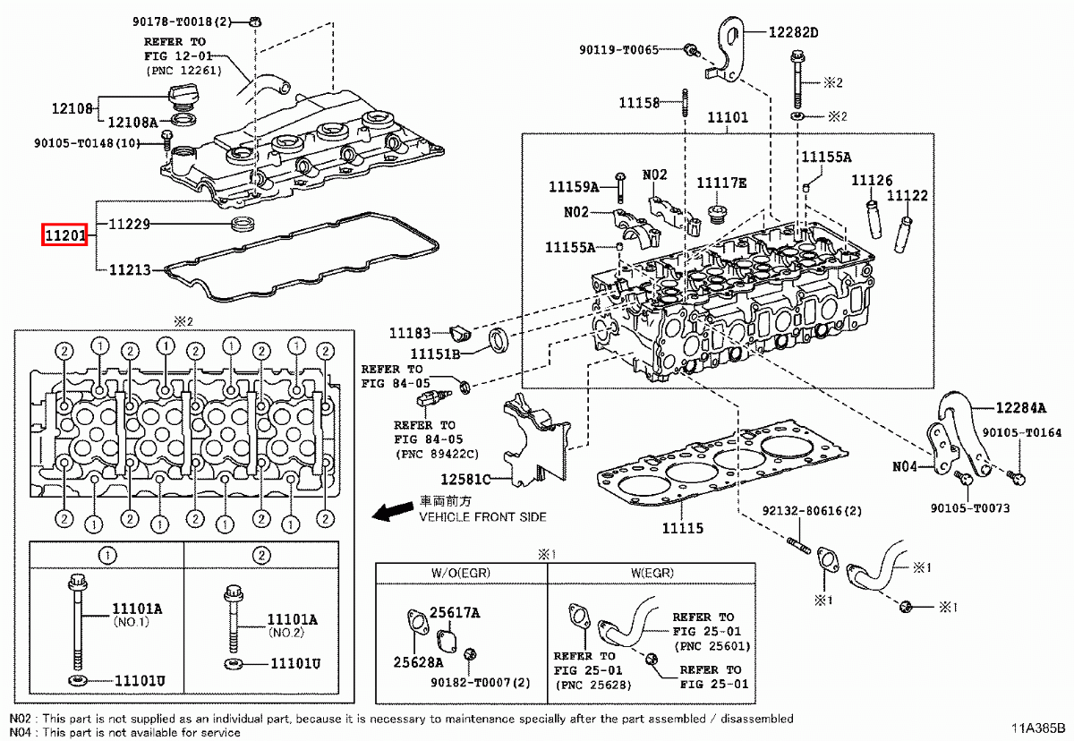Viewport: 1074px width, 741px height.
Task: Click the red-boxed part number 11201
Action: pyautogui.click(x=65, y=236)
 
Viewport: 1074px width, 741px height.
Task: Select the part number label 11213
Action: pyautogui.click(x=130, y=268)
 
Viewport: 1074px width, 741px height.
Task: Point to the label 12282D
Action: pyautogui.click(x=793, y=32)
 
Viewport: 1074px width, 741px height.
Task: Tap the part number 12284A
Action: pyautogui.click(x=1020, y=408)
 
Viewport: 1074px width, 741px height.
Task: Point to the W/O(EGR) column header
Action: pyautogui.click(x=461, y=573)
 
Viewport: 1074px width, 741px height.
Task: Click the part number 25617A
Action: pyautogui.click(x=455, y=613)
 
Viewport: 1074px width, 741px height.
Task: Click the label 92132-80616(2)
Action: pyautogui.click(x=812, y=513)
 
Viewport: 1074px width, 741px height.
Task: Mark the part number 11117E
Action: pyautogui.click(x=721, y=183)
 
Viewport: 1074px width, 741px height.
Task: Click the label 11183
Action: pyautogui.click(x=410, y=333)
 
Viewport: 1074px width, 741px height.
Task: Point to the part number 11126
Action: pyautogui.click(x=871, y=180)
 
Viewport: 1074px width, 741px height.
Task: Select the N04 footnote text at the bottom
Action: pyautogui.click(x=125, y=732)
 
